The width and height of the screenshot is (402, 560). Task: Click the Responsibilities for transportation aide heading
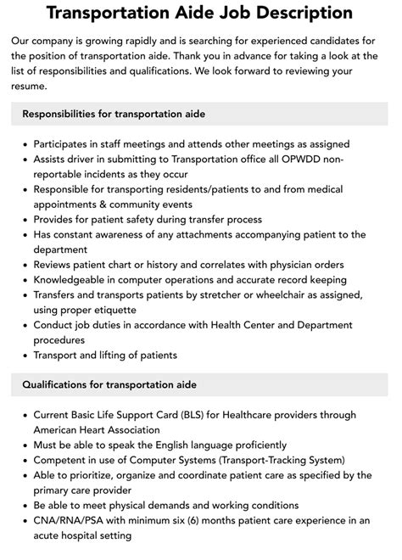114,113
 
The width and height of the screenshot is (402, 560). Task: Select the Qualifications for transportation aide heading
109,384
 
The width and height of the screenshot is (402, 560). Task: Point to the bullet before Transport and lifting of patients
23,355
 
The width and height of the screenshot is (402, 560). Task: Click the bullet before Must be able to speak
23,445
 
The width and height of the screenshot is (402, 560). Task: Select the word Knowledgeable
74,279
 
